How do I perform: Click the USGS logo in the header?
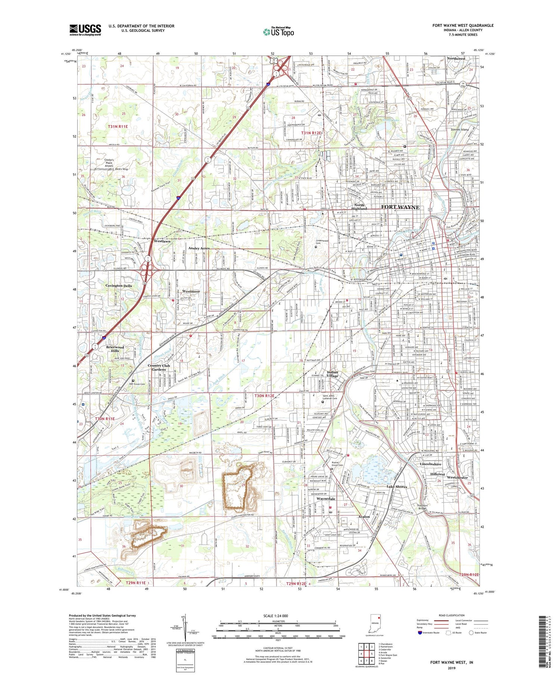[85, 30]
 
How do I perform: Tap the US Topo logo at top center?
[278, 32]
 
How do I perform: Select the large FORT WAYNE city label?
[400, 207]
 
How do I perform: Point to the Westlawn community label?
[162, 241]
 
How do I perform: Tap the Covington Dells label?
[119, 286]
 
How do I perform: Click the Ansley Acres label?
[199, 248]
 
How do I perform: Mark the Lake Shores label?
[397, 487]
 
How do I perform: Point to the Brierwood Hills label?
[115, 349]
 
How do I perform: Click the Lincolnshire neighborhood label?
[430, 464]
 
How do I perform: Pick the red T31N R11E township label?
[118, 127]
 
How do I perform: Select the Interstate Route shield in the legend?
[420, 633]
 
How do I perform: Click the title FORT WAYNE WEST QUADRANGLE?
[463, 25]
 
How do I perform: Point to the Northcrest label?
[456, 59]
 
